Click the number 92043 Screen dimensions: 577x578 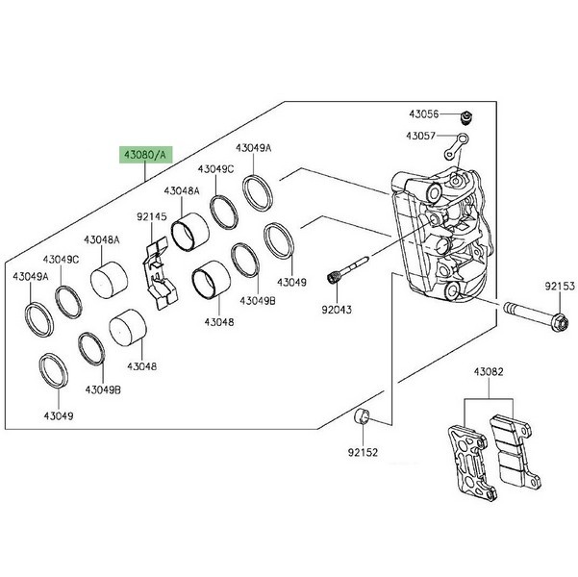click(337, 310)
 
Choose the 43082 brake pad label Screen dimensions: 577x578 click(487, 371)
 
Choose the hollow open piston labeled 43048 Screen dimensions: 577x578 click(209, 282)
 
